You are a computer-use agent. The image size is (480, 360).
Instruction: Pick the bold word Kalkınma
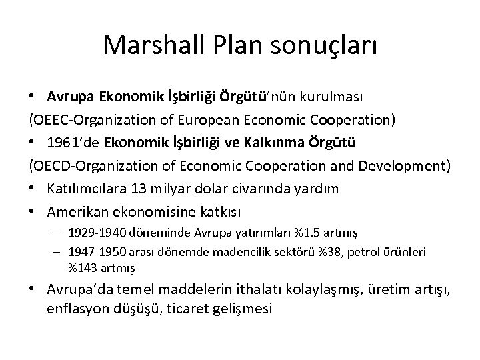[x=276, y=143]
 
